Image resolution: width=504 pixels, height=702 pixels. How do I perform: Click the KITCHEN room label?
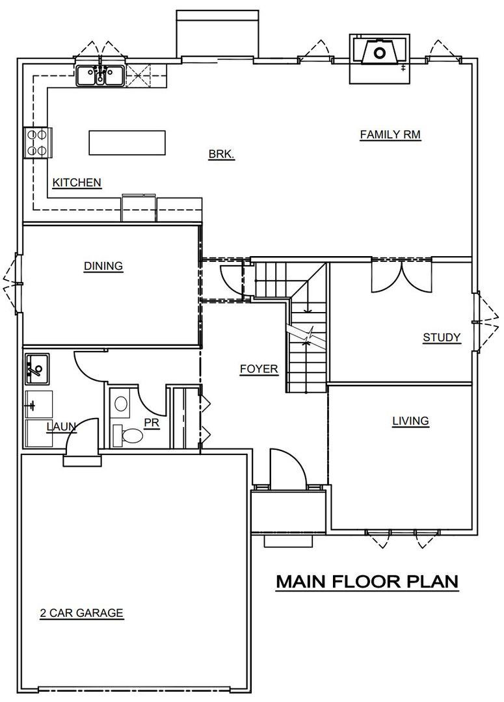tap(77, 183)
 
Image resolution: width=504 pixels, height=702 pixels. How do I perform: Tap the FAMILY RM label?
tap(390, 135)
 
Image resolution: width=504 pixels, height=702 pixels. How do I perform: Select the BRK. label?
tap(221, 155)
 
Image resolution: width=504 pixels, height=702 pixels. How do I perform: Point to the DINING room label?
tap(103, 265)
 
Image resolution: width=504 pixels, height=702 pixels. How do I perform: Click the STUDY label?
tap(442, 337)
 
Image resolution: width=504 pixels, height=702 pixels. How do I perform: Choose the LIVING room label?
tap(410, 421)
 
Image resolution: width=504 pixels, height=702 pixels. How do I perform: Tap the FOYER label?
tap(259, 369)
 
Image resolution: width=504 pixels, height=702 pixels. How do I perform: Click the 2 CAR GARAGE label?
tap(81, 612)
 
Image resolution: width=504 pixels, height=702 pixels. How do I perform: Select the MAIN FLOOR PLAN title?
tap(367, 580)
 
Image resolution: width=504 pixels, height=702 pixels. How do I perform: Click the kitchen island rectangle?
tap(127, 143)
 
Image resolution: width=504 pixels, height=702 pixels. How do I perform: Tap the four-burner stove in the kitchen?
tap(36, 142)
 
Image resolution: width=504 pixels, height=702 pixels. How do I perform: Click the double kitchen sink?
tap(101, 75)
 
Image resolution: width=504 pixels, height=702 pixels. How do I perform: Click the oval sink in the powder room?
tap(121, 404)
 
